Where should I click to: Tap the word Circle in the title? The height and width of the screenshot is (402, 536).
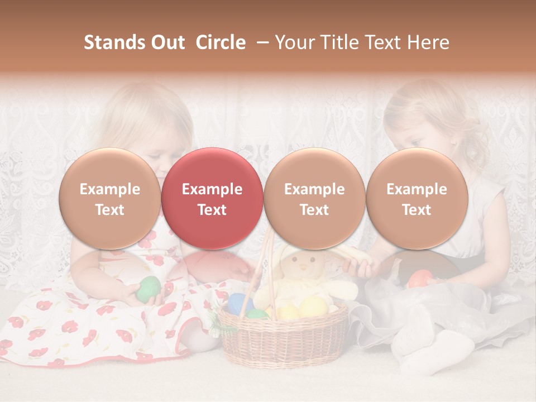click(221, 42)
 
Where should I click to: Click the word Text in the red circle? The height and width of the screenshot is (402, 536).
click(212, 210)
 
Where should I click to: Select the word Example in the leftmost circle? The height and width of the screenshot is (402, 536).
click(109, 189)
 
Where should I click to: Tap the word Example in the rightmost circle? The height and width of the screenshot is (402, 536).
click(417, 189)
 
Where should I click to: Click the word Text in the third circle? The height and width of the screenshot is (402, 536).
click(314, 210)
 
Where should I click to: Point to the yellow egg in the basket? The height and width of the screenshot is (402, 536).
click(313, 307)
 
